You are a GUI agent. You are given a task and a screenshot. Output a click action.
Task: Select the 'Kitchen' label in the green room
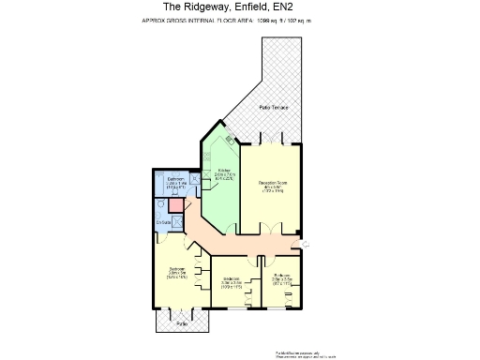click(225, 174)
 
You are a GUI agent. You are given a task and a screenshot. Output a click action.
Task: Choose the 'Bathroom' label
click(175, 182)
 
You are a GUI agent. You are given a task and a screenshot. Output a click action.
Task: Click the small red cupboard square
click(174, 205)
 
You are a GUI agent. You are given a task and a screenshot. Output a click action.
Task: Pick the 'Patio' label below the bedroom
click(182, 323)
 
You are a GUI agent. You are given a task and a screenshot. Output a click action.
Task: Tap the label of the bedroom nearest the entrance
click(283, 278)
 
